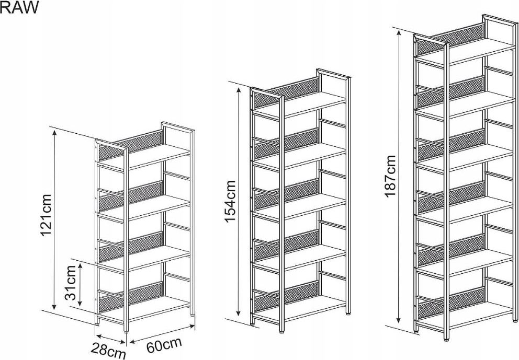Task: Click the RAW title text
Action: pyautogui.click(x=19, y=7)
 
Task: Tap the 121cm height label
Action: pyautogui.click(x=46, y=215)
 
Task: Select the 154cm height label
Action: pyautogui.click(x=230, y=201)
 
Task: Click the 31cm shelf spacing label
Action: pyautogui.click(x=70, y=283)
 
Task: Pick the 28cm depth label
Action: pyautogui.click(x=109, y=351)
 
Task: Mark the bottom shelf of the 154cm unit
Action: pyautogui.click(x=300, y=307)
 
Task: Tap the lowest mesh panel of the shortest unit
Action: pyautogui.click(x=130, y=297)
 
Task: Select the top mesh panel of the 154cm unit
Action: pyautogui.click(x=287, y=92)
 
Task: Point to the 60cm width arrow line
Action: pyautogui.click(x=162, y=334)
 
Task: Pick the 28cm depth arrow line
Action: pyautogui.click(x=111, y=339)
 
